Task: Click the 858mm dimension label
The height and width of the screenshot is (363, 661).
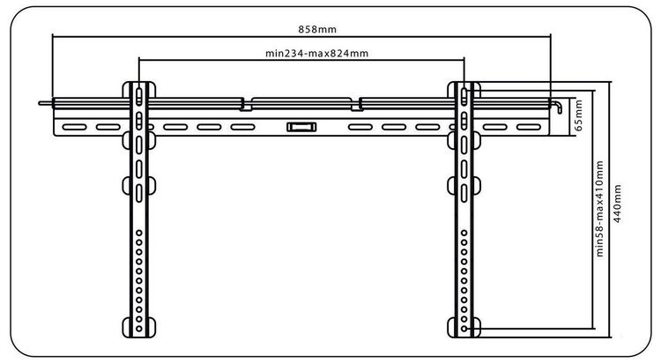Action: tap(317, 29)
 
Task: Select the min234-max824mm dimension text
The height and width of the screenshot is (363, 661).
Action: tap(316, 54)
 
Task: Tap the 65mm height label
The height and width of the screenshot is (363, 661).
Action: tap(578, 115)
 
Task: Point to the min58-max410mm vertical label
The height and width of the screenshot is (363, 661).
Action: tap(599, 208)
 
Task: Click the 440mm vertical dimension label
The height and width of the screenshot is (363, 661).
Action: tap(617, 204)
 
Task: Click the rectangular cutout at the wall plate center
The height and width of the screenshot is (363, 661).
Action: tap(301, 127)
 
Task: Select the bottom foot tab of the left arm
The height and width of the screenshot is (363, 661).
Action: tap(139, 327)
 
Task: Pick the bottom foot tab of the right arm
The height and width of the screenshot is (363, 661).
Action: tap(464, 327)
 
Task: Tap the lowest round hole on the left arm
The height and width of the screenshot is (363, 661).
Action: tap(139, 329)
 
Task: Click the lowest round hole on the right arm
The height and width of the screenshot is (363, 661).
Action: tap(464, 329)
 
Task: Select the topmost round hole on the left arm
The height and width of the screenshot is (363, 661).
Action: tap(139, 233)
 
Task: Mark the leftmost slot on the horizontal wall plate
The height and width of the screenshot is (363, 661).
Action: tap(74, 127)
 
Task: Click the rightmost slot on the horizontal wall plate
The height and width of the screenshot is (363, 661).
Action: tap(529, 127)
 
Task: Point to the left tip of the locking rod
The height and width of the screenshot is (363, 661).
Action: tap(39, 103)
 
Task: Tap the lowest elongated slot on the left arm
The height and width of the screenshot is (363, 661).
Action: tap(139, 193)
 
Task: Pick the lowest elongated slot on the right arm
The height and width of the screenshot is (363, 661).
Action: tap(464, 193)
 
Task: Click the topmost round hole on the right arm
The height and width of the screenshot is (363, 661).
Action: tap(464, 233)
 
